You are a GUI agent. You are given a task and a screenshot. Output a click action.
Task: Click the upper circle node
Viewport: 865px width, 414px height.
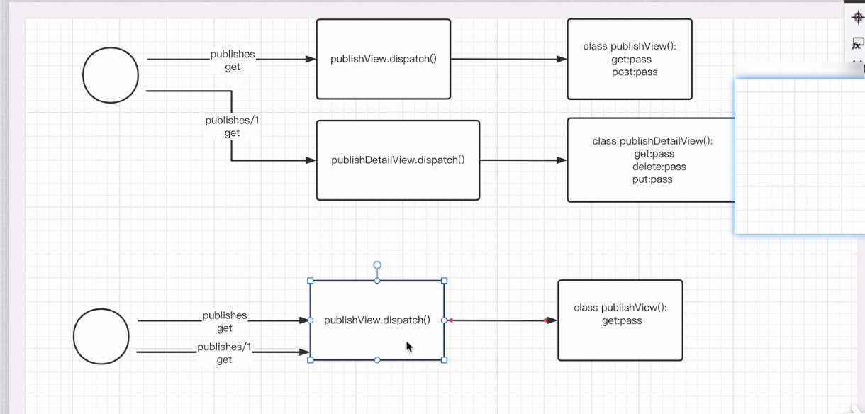point(111,75)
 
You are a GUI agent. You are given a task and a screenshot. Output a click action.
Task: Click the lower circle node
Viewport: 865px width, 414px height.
point(101,336)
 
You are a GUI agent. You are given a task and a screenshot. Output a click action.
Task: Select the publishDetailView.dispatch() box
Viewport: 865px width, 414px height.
point(398,160)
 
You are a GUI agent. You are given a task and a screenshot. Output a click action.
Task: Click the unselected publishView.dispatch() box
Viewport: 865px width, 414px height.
point(383,59)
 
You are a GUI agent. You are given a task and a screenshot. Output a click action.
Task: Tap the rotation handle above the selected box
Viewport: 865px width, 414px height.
point(377,265)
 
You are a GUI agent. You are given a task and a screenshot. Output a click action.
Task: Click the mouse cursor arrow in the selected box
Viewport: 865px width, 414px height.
point(409,347)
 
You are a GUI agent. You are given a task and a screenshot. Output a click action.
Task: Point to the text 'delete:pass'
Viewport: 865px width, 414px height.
point(659,167)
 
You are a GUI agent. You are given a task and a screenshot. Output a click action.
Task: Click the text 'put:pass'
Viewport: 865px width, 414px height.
point(652,179)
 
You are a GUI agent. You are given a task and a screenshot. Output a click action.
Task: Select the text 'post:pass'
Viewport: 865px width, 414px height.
point(635,72)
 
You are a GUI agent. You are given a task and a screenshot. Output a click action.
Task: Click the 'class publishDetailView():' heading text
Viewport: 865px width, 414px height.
point(652,141)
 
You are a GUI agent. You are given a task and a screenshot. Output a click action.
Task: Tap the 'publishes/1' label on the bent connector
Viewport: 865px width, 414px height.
point(232,121)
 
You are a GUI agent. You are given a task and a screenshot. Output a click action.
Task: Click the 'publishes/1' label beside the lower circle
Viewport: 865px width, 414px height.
point(224,347)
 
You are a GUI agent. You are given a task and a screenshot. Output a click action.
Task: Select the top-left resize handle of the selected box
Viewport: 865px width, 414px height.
point(311,281)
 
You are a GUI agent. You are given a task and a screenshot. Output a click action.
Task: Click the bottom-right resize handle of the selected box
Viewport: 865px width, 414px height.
point(445,360)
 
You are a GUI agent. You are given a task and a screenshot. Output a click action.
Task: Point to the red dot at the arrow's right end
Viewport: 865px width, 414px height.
point(545,320)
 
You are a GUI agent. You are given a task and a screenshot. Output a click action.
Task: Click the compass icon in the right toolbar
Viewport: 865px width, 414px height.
point(856,18)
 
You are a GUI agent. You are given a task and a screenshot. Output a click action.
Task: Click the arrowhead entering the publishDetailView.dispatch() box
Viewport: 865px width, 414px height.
point(311,160)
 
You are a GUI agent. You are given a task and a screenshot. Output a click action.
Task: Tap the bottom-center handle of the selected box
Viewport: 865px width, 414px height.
point(377,360)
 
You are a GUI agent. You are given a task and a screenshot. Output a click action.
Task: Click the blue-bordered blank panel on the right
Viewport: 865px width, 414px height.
point(800,156)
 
